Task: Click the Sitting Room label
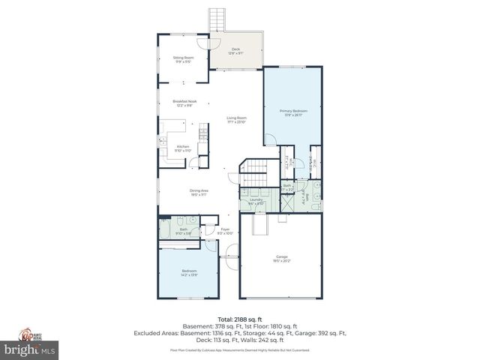pyautogui.click(x=184, y=59)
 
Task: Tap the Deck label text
pyautogui.click(x=235, y=51)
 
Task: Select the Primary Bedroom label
pyautogui.click(x=292, y=113)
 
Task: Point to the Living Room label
pyautogui.click(x=237, y=119)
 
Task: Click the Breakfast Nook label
pyautogui.click(x=184, y=103)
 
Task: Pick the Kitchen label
pyautogui.click(x=183, y=148)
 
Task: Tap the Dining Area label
pyautogui.click(x=199, y=192)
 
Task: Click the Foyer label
pyautogui.click(x=225, y=230)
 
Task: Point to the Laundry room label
pyautogui.click(x=256, y=201)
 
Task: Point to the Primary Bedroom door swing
pyautogui.click(x=269, y=139)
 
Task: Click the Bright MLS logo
pyautogui.click(x=30, y=349)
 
